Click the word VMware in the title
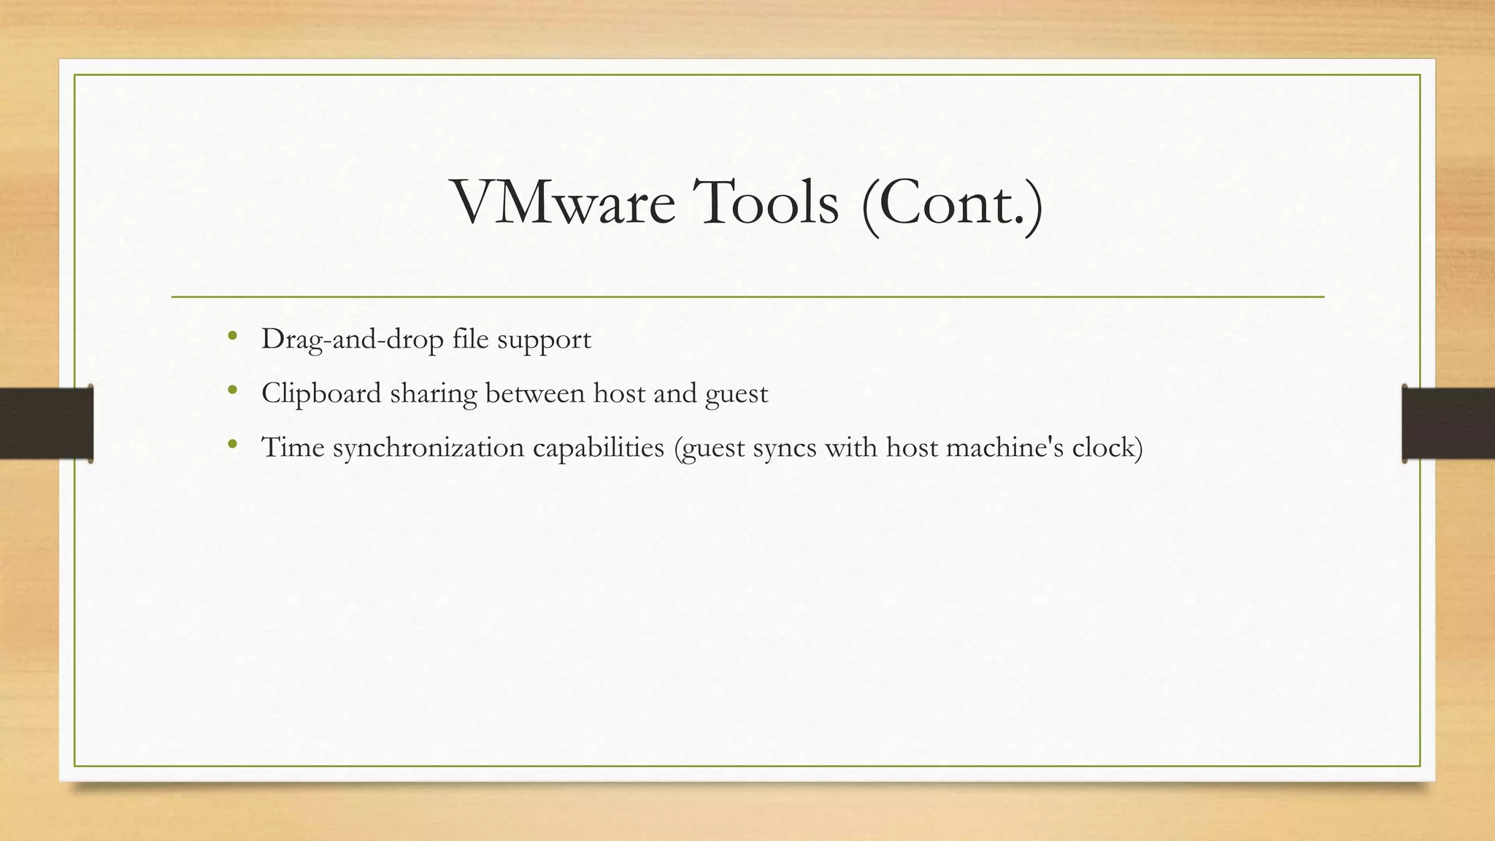564,202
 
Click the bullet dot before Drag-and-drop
232,337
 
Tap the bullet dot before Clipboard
232,391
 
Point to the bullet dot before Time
232,445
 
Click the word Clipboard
321,393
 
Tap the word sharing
433,394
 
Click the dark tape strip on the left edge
46,423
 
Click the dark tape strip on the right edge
1448,423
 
